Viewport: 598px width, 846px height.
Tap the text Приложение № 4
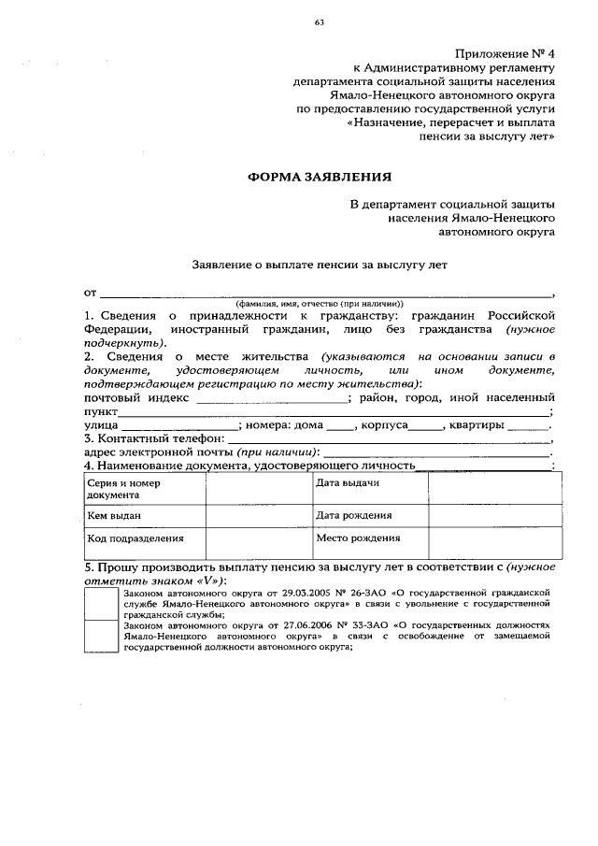505,54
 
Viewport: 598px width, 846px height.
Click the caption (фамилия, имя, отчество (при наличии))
319,303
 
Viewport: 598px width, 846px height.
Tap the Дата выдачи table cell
369,483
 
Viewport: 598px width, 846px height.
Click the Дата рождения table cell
369,515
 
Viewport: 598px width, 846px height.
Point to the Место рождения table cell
369,539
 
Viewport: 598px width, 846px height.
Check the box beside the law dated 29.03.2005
102,605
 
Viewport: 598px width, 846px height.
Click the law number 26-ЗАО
357,593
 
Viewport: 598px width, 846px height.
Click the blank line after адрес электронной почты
439,452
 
